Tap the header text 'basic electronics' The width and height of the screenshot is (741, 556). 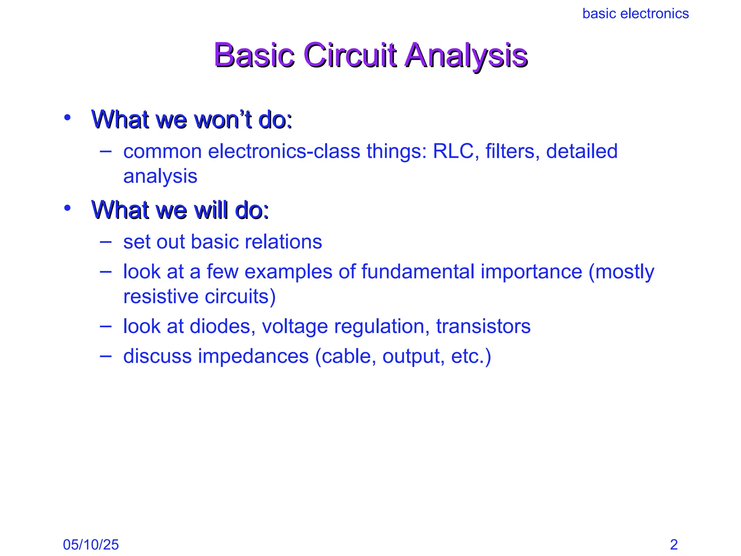(x=635, y=14)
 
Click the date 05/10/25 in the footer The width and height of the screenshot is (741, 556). (x=91, y=544)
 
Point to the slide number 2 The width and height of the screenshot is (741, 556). (x=674, y=544)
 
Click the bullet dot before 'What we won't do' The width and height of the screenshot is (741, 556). (x=67, y=117)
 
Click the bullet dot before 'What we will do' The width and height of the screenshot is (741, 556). (x=67, y=208)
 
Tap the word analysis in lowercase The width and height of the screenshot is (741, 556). (x=160, y=177)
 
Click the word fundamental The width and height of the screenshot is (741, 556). (x=418, y=271)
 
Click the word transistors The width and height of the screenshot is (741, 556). (x=483, y=326)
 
